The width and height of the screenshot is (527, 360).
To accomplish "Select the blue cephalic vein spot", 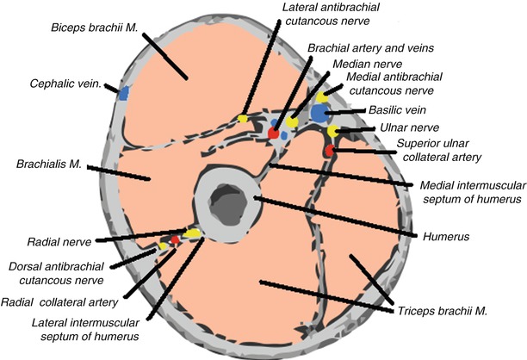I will click(x=124, y=93).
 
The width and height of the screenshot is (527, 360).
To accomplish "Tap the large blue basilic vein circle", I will click(x=319, y=112).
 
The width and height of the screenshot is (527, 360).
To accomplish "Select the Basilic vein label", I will click(x=404, y=110).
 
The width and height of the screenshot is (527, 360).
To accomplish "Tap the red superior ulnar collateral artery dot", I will click(x=330, y=152).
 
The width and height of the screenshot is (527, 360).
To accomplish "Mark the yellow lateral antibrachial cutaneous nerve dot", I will click(x=244, y=118).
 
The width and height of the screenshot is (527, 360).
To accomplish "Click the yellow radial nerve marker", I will click(x=191, y=233).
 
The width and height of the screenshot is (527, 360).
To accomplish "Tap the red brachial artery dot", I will click(x=274, y=135).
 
